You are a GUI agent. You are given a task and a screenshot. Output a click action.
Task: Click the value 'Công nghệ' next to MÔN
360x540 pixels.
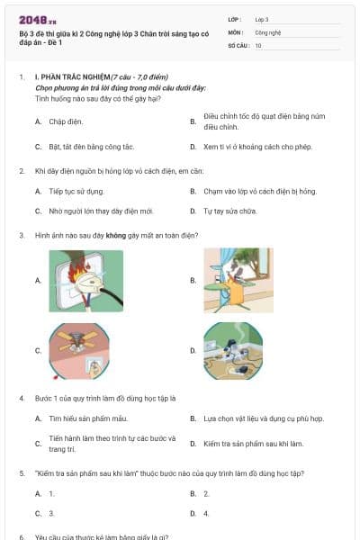pos(267,31)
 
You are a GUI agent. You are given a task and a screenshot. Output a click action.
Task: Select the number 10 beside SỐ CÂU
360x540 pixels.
pos(259,44)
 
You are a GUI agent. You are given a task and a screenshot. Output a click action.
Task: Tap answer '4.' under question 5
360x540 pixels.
pos(206,513)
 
